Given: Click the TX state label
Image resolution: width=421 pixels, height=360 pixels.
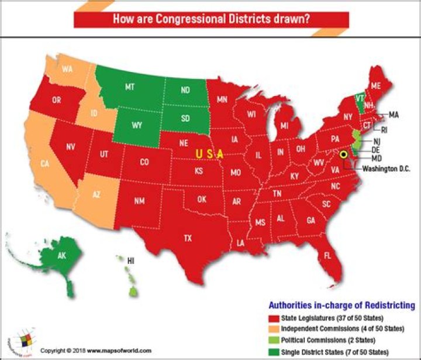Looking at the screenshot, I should point(188,238).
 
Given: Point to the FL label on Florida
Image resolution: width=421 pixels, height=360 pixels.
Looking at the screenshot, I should point(327,256).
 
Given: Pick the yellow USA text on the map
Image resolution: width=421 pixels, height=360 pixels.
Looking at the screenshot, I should point(209,153).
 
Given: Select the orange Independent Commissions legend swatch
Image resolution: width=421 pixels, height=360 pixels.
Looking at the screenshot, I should point(274,330).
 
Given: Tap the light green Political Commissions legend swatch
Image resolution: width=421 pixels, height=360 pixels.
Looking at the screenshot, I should point(274,340).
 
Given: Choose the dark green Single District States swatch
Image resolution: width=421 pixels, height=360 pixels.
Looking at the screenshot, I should point(274,351).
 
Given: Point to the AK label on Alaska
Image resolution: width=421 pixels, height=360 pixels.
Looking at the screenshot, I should point(61,256).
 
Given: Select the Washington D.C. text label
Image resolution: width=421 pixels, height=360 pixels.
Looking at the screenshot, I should point(387,168).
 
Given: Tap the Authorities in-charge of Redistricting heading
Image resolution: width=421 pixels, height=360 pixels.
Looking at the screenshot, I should point(341,306).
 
